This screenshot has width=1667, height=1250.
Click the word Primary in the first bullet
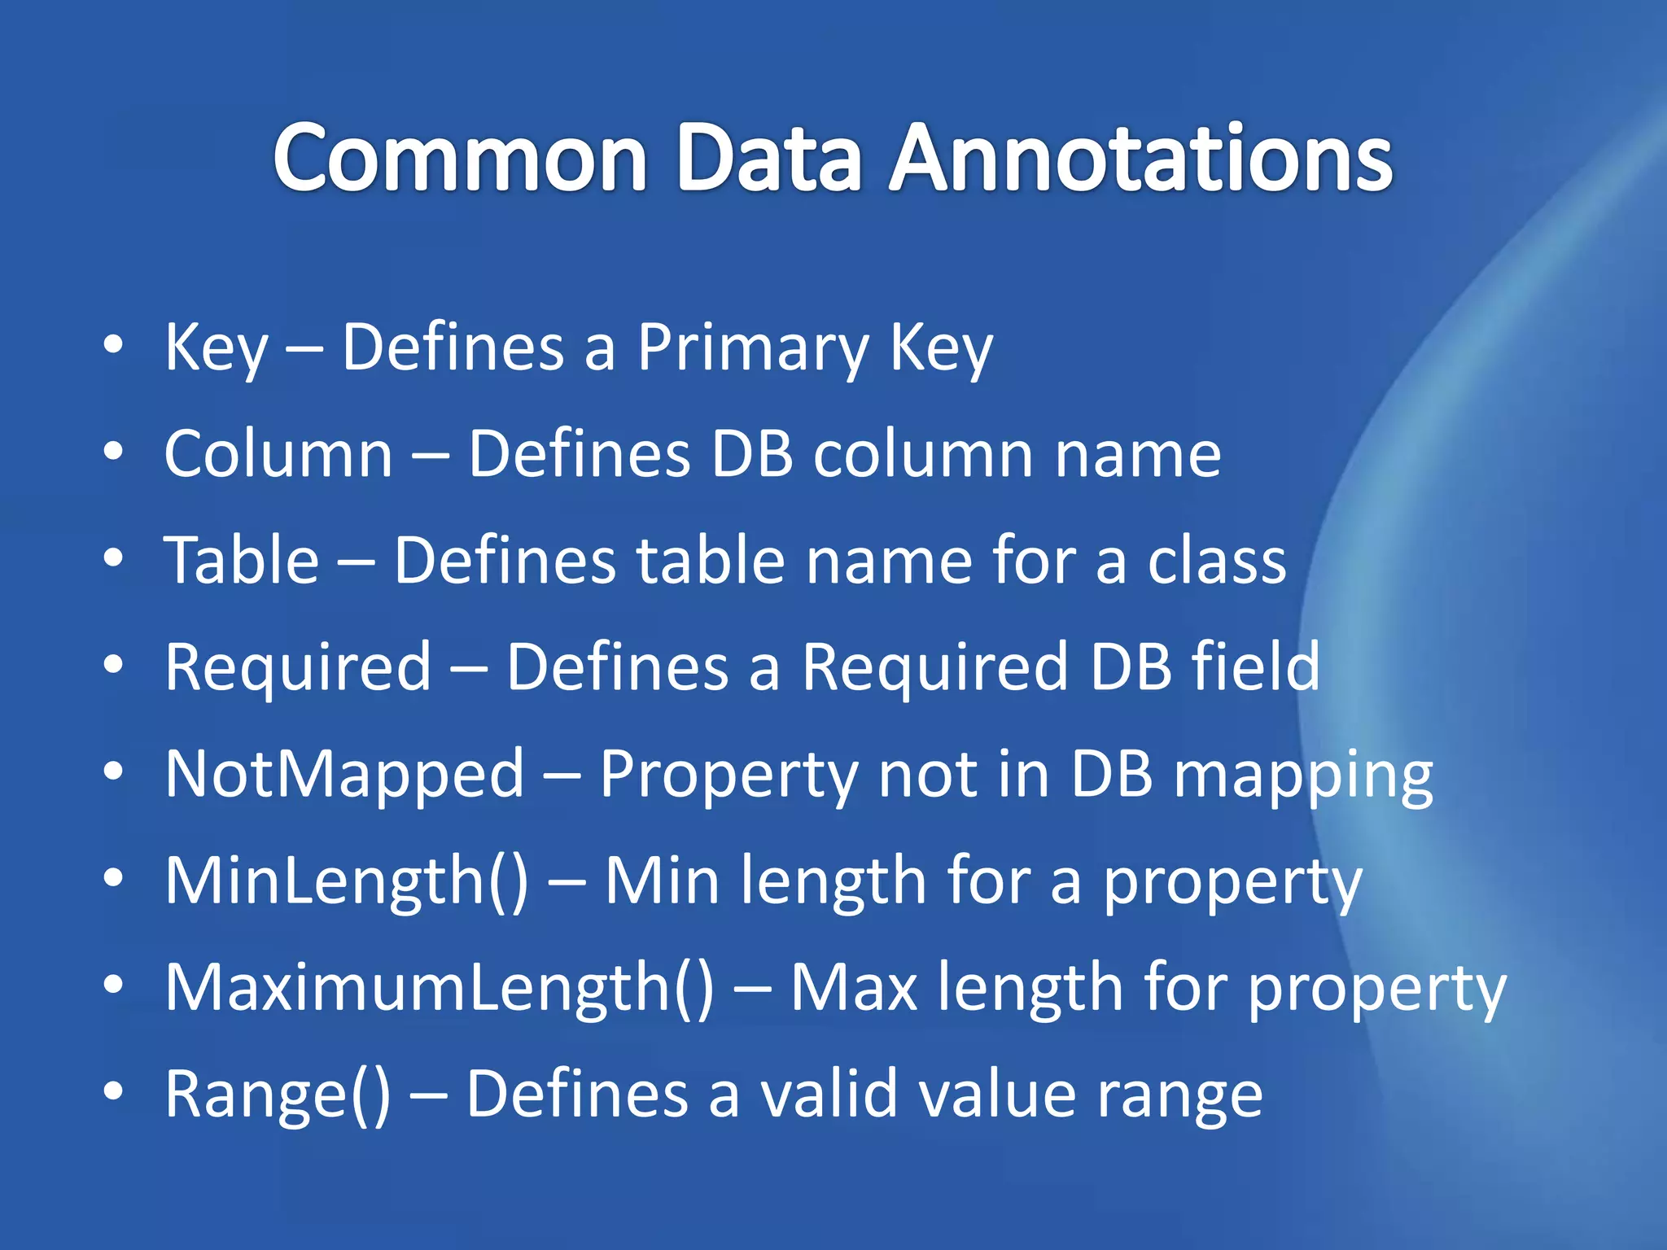coord(753,348)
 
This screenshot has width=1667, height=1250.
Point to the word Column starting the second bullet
coord(278,454)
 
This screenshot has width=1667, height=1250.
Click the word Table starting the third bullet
coord(242,561)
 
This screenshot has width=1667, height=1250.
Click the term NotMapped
coord(344,774)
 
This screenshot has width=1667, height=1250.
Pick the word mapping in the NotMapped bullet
coord(1303,776)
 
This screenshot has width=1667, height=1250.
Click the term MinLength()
coord(347,881)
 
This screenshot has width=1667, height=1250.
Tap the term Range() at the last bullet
coord(278,1095)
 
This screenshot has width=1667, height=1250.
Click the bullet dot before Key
coord(113,345)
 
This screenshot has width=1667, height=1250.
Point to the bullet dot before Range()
coord(113,1090)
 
